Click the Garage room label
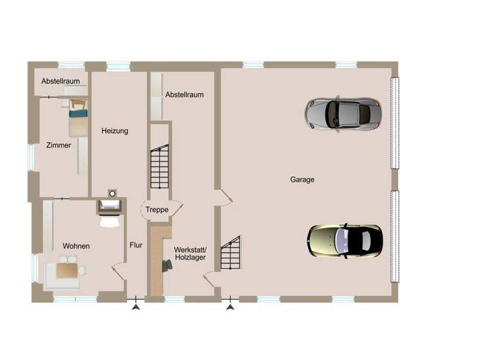click(302, 180)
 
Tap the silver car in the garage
click(342, 114)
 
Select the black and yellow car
click(345, 240)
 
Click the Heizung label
click(115, 131)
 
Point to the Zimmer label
click(58, 145)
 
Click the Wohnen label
click(76, 246)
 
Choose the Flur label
click(135, 245)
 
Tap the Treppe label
click(157, 210)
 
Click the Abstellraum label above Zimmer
click(60, 82)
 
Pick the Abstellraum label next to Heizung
click(184, 94)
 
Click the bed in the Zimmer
click(78, 120)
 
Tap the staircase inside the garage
click(230, 253)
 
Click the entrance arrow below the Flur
click(135, 308)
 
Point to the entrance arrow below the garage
click(230, 308)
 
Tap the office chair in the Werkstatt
click(168, 264)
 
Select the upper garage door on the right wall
click(395, 122)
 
